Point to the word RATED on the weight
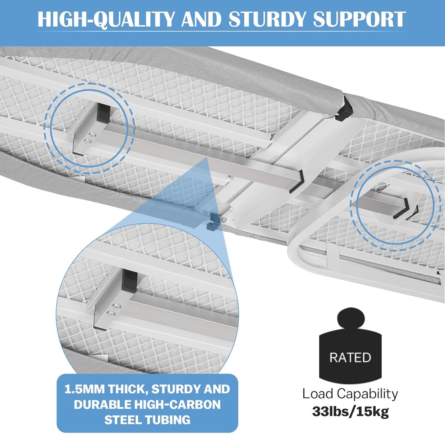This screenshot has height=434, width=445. [350, 357]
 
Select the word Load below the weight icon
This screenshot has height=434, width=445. [318, 394]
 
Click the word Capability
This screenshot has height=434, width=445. [367, 394]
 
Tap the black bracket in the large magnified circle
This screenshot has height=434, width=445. [130, 280]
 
